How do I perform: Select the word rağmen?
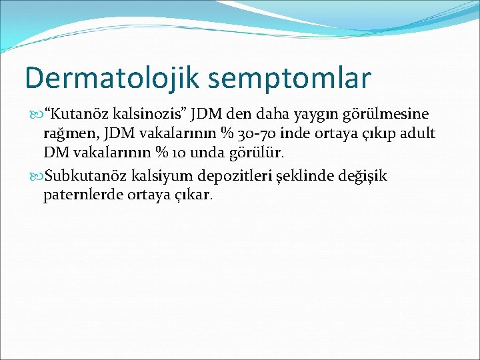[x=67, y=134]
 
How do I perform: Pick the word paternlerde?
[x=79, y=196]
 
